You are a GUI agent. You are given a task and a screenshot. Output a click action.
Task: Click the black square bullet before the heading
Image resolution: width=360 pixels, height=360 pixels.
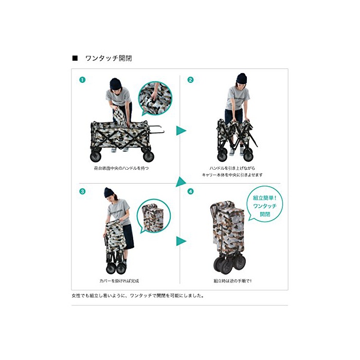(75, 58)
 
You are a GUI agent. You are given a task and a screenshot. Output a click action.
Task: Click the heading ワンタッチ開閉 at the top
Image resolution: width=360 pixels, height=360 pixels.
(109, 58)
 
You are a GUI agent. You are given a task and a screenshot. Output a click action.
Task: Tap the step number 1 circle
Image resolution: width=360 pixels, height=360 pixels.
(82, 80)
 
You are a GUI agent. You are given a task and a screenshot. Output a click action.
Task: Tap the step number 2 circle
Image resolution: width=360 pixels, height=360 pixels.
(190, 80)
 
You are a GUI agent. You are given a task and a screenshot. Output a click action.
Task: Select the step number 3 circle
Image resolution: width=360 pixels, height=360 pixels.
(82, 191)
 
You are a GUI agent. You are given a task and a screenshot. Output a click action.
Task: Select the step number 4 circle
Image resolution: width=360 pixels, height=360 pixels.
(190, 191)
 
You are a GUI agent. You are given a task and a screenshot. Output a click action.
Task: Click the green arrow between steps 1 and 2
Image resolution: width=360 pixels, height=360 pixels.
(181, 131)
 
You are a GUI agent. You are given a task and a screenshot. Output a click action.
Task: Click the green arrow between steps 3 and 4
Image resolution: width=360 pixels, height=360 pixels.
(181, 241)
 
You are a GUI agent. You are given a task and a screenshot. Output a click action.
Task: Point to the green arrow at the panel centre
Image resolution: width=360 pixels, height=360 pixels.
(181, 182)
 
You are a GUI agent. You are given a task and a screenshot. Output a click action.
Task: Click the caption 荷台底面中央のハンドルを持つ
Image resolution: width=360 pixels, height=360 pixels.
(121, 168)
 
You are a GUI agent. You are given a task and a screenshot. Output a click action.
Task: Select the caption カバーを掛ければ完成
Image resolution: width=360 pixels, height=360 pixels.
(119, 281)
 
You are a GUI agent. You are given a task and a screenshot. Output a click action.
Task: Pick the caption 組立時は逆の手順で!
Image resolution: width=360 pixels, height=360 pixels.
(232, 281)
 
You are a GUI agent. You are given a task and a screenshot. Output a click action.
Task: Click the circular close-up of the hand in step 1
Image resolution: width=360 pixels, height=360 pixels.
(155, 98)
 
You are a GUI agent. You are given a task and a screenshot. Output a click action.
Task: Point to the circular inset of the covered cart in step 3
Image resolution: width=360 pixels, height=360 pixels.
(154, 217)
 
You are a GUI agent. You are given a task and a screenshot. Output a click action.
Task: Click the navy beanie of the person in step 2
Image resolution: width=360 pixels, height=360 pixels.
(242, 79)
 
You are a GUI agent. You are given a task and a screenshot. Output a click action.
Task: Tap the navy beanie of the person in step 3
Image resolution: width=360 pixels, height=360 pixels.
(110, 192)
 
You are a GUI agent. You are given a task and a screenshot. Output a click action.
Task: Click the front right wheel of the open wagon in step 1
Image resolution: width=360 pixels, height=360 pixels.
(148, 156)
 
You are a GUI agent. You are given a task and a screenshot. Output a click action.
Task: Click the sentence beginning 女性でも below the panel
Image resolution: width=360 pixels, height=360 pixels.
(138, 296)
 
